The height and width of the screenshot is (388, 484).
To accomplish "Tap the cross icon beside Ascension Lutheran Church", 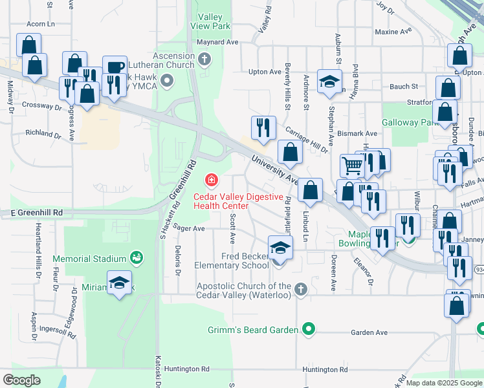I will tap(204, 61).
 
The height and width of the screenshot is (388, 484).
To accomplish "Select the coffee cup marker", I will tap(115, 68).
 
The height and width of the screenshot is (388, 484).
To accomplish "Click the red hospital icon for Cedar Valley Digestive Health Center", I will tap(211, 179).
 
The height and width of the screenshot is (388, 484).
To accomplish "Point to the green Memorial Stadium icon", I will tap(136, 259).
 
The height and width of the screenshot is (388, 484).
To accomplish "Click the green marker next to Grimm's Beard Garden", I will tap(309, 330).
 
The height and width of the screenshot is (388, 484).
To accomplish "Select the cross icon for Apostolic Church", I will tap(300, 289).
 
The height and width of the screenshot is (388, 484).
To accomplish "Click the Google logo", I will tap(21, 380).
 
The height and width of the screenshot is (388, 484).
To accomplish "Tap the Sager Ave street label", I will tap(190, 228).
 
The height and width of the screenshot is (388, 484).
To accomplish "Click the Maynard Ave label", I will tap(222, 42).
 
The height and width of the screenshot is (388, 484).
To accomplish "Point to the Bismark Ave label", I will tap(361, 133).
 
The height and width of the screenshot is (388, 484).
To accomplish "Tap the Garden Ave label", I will tap(369, 332).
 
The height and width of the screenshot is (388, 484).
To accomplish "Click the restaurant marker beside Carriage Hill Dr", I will tap(263, 127).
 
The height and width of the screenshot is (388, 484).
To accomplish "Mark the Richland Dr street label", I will tap(43, 133).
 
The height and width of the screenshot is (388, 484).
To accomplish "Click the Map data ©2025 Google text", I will tap(445, 383).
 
